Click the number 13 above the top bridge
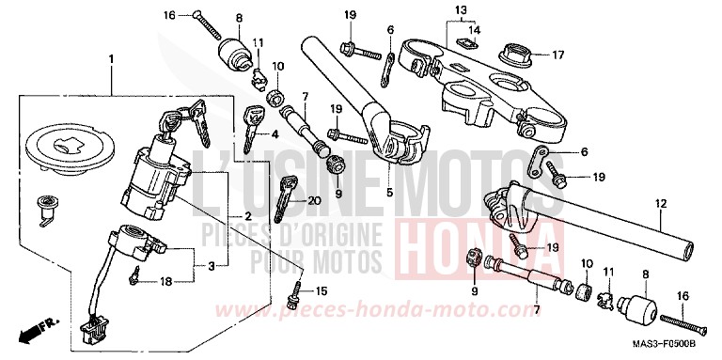click(x=459, y=10)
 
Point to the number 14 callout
click(x=473, y=31)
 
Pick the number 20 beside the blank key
click(x=314, y=199)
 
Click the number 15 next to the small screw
click(x=322, y=290)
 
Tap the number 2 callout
click(x=246, y=217)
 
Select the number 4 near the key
click(x=275, y=135)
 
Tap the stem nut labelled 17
click(x=517, y=55)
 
